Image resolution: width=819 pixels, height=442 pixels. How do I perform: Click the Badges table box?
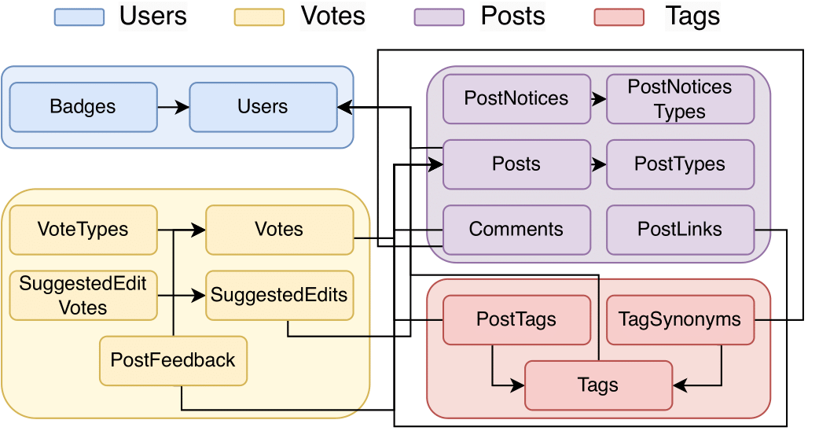point(83,107)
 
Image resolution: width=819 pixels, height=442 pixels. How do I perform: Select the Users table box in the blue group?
point(263,107)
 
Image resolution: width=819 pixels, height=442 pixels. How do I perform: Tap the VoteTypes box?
point(83,230)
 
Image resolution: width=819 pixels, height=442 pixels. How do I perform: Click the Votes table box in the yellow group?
point(279,230)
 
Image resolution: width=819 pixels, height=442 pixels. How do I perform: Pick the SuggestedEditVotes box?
point(83,296)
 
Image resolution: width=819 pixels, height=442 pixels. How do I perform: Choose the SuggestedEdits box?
point(279,296)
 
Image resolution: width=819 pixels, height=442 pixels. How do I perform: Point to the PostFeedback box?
point(173,361)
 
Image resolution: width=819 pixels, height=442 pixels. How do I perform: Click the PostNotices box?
point(516,99)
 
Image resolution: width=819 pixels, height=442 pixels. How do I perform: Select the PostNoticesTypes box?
point(680,99)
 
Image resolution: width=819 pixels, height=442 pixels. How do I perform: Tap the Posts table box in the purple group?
point(516,164)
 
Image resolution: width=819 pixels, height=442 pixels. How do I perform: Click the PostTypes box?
point(680,164)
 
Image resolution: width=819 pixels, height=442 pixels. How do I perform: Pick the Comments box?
point(516,230)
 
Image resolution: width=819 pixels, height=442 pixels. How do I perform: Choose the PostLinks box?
point(680,230)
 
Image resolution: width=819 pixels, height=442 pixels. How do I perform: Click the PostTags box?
point(516,320)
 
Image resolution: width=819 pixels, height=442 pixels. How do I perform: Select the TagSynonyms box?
point(680,320)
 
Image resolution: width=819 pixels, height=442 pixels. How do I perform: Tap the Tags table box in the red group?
point(598,385)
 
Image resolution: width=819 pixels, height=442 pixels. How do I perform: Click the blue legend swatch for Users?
point(79,17)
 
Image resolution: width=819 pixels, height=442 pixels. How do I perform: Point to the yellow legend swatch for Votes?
point(259,17)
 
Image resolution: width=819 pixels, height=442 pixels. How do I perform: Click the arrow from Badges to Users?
point(173,107)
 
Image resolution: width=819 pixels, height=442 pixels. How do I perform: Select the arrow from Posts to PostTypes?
point(598,164)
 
